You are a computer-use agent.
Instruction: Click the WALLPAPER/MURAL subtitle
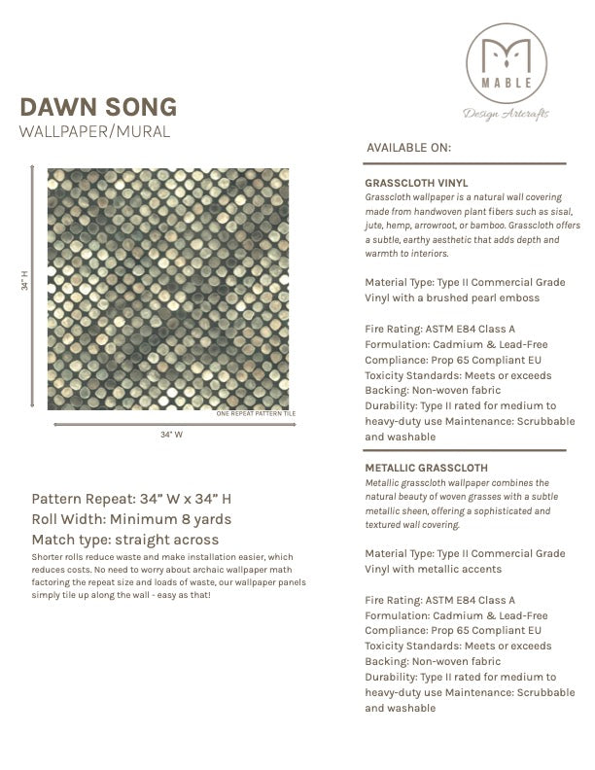click(x=95, y=130)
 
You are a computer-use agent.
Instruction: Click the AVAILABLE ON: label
click(x=408, y=148)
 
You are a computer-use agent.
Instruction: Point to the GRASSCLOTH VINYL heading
click(x=415, y=182)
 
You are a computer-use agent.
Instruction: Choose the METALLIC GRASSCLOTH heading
click(x=426, y=468)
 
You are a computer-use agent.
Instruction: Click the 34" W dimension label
click(x=171, y=435)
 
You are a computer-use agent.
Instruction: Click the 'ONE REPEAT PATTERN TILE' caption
click(x=255, y=414)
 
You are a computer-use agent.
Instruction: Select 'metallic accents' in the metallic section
click(x=437, y=569)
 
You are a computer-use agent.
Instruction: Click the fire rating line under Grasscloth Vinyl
click(x=439, y=330)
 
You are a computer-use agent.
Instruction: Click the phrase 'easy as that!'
click(x=180, y=594)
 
